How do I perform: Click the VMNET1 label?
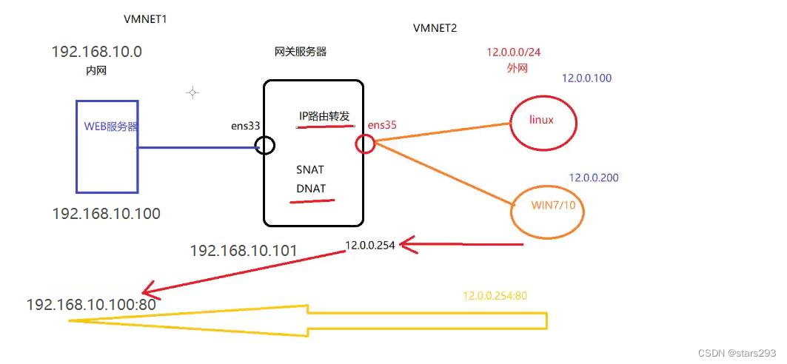tap(146, 18)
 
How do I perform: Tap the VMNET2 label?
tap(435, 28)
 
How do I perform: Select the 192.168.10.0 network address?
tap(96, 52)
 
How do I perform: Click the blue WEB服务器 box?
tap(107, 146)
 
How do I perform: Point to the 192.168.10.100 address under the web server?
tap(106, 214)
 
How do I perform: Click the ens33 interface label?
tap(245, 126)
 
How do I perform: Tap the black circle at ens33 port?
tap(265, 145)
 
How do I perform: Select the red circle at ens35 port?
tap(365, 144)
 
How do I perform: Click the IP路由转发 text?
tap(324, 116)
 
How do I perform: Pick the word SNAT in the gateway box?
tap(310, 169)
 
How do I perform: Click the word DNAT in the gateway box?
tap(310, 188)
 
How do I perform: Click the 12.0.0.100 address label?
tap(586, 78)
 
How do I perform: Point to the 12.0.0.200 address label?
tap(593, 178)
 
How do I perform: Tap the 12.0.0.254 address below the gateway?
tap(370, 246)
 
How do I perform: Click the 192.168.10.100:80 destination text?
tap(91, 304)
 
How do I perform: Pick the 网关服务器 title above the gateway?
tap(300, 52)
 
